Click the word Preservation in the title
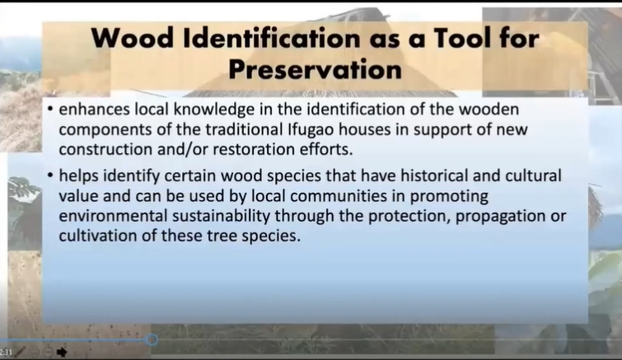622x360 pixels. point(316,70)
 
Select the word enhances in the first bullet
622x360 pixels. point(94,109)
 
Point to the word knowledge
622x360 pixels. point(214,110)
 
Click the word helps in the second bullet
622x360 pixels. point(78,175)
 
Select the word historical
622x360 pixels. point(433,175)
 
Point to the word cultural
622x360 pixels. point(533,175)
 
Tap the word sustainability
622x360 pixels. point(222,217)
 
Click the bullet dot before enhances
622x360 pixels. point(50,108)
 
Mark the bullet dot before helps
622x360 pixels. point(50,175)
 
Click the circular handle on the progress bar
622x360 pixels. point(151,339)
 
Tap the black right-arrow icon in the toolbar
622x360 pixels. point(62,352)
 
